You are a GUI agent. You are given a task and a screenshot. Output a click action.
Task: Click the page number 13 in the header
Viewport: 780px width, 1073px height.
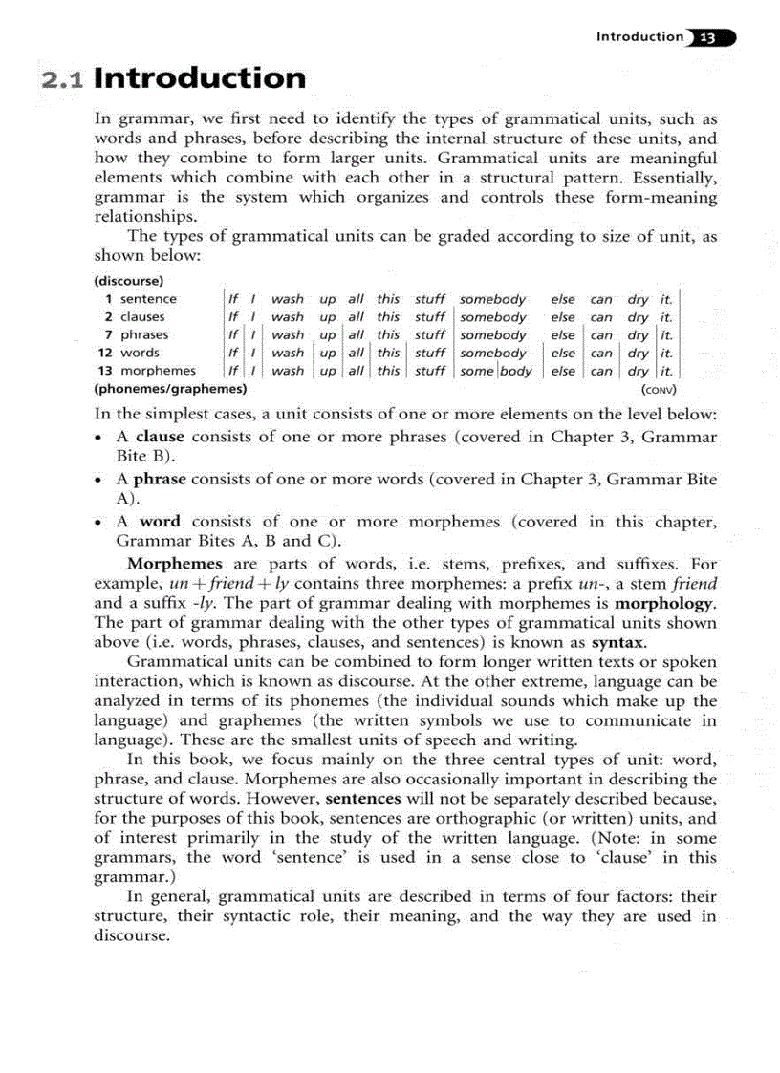(x=707, y=38)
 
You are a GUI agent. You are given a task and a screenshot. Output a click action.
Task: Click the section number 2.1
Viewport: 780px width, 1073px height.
(x=64, y=79)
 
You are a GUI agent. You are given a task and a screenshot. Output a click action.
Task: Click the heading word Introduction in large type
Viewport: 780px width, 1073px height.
(x=200, y=77)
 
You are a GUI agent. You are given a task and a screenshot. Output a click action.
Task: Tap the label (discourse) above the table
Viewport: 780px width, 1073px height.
(x=128, y=281)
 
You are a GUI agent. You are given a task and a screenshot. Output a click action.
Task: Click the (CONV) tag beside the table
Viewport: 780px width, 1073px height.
(x=660, y=390)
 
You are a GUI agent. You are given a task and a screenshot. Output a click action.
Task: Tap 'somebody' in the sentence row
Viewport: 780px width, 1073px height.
(x=493, y=299)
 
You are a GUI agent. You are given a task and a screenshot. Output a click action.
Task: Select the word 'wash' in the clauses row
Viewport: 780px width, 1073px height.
(x=287, y=317)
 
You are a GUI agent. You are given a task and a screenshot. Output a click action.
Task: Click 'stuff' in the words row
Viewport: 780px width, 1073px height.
(x=430, y=353)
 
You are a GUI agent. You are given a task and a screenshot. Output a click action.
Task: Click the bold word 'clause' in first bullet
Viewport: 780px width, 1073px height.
(x=160, y=437)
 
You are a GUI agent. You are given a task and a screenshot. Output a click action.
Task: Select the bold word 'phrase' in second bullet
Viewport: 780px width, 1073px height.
(x=160, y=480)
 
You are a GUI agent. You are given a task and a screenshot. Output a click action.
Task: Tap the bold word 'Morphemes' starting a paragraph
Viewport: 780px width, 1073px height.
(x=175, y=564)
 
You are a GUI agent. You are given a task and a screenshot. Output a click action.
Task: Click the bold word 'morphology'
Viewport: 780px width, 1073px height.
(x=665, y=604)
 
